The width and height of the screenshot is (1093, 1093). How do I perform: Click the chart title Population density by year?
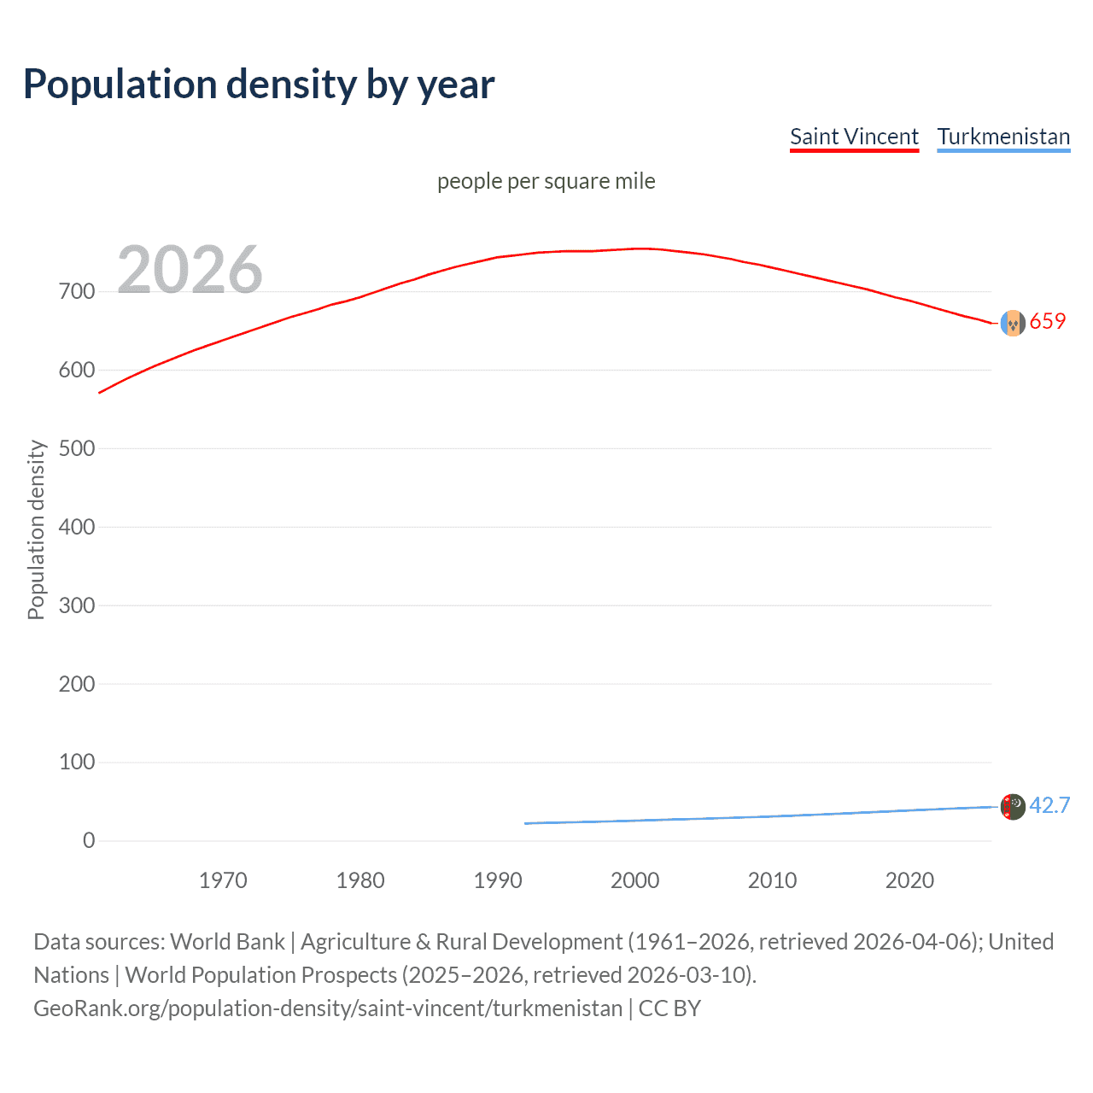pos(259,85)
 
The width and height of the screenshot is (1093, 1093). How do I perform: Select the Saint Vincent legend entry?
pos(854,137)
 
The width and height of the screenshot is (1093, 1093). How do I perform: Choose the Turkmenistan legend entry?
pos(1003,137)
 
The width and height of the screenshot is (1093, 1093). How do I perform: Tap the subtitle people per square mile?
pos(546,181)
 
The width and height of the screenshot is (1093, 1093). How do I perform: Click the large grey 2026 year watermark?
pos(190,270)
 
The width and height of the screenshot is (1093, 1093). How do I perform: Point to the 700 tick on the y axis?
pos(77,291)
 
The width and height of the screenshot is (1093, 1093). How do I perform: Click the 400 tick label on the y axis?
pos(77,527)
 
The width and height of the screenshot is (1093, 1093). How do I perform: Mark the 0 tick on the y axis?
pos(89,840)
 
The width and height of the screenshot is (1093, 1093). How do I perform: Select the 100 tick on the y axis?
pos(77,762)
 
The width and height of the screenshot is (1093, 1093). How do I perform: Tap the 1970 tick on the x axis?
pos(223,880)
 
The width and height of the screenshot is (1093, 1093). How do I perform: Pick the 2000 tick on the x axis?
pos(634,880)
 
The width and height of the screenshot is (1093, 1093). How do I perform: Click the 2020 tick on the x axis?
pos(909,880)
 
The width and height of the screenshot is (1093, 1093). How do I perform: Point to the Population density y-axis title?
pos(36,529)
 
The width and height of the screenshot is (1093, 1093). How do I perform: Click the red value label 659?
pos(1048,322)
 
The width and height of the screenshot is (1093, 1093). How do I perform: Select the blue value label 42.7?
pos(1049,806)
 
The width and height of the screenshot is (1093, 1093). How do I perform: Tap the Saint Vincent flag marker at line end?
pos(1013,323)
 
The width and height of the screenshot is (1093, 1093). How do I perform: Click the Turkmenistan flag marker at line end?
pos(1013,806)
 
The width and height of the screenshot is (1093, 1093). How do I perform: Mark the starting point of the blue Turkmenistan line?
pos(526,823)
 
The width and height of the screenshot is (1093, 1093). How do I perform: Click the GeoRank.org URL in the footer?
pos(328,1008)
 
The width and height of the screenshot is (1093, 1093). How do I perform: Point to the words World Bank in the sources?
pos(227,942)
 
